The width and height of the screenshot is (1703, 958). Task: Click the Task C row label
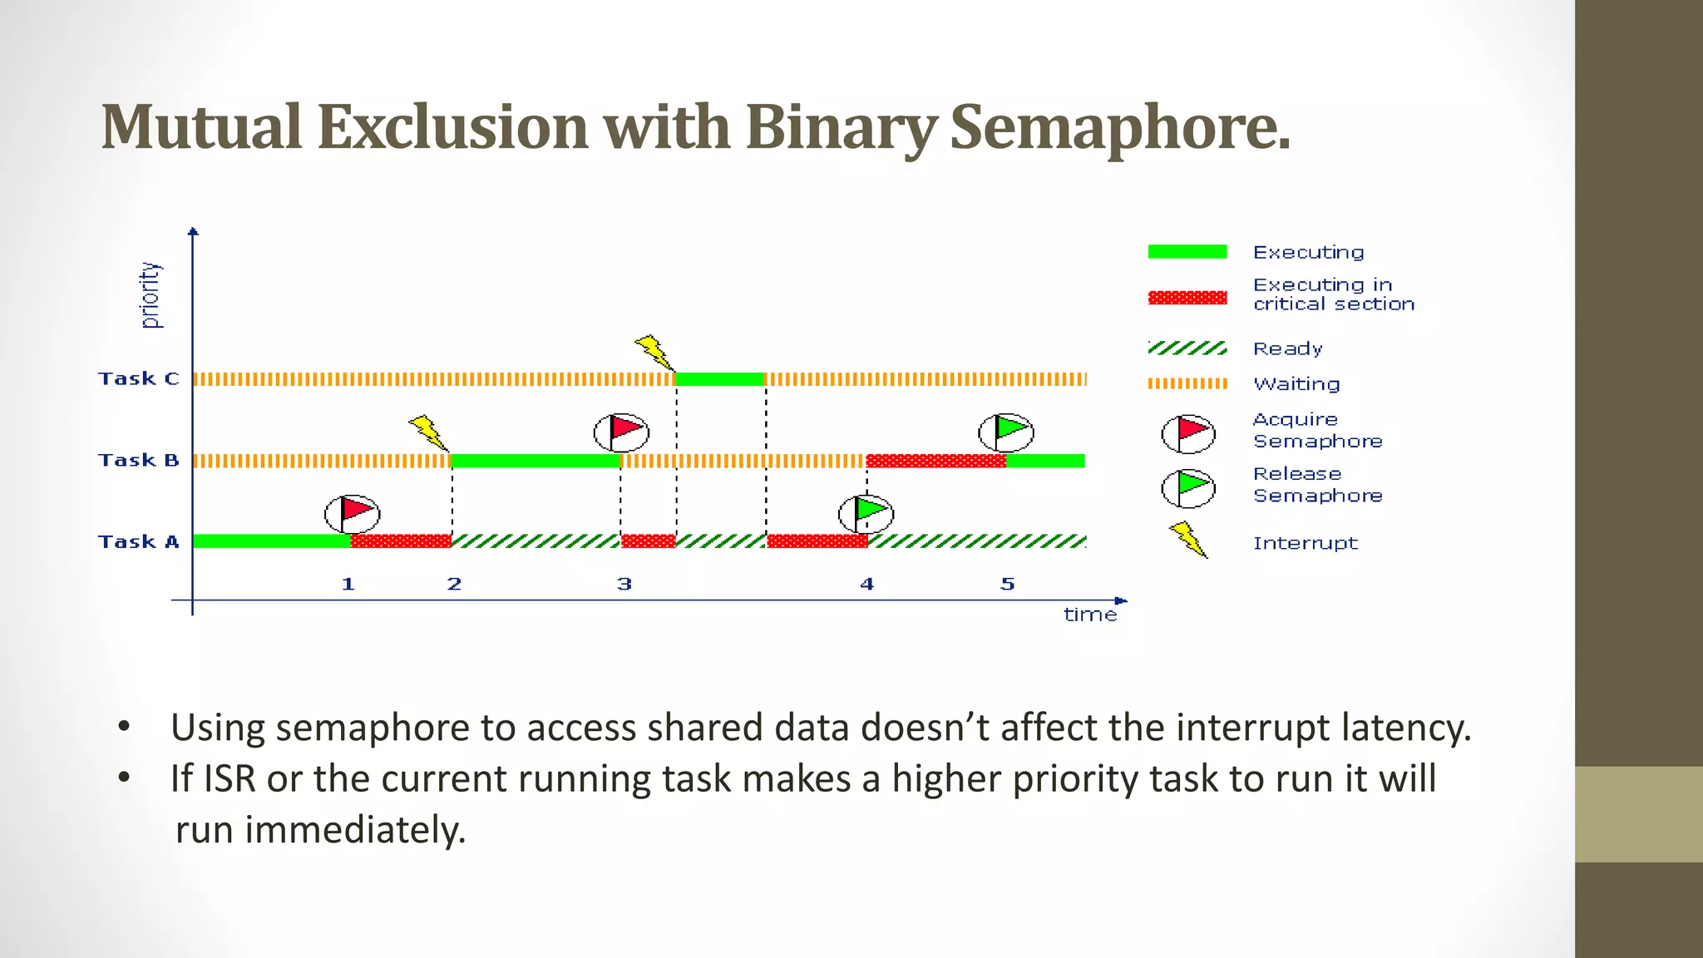tap(138, 379)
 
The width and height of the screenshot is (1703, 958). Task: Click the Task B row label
tap(138, 461)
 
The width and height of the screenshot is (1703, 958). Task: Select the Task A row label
tap(138, 542)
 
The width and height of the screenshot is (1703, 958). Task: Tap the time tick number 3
tap(624, 585)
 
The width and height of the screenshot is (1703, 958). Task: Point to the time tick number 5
tap(1007, 585)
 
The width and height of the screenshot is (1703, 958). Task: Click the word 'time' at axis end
tap(1090, 615)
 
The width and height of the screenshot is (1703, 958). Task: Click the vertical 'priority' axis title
tap(150, 295)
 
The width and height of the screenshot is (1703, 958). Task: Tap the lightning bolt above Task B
tap(429, 432)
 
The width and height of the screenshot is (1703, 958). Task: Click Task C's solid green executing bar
tap(719, 379)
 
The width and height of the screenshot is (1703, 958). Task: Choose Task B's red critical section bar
tap(935, 461)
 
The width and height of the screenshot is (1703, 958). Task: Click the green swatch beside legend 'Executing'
tap(1187, 252)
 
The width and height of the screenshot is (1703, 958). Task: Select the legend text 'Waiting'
tap(1296, 384)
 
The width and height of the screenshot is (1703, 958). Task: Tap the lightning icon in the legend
tap(1188, 540)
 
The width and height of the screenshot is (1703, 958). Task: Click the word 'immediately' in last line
tap(354, 830)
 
